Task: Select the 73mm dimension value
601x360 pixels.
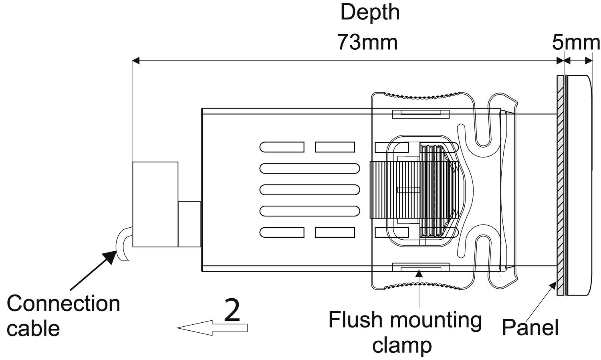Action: click(x=367, y=42)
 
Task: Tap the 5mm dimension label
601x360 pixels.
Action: click(x=576, y=42)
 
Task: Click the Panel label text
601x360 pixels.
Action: click(x=530, y=328)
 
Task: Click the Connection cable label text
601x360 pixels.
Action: click(x=63, y=316)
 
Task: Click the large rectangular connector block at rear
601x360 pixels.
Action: click(x=155, y=204)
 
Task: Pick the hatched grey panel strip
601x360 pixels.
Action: click(x=560, y=185)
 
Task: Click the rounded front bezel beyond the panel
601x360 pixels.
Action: click(x=579, y=185)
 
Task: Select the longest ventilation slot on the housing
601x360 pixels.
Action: click(x=310, y=168)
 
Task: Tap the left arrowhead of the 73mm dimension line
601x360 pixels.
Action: click(x=136, y=61)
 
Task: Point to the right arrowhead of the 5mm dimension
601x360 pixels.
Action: click(x=589, y=61)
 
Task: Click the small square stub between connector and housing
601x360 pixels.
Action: click(x=189, y=224)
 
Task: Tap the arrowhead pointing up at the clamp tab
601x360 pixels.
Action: click(x=419, y=274)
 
